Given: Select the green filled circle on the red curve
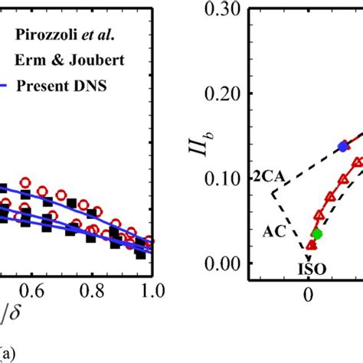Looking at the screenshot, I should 317,234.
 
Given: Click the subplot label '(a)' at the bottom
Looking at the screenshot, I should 8,354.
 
